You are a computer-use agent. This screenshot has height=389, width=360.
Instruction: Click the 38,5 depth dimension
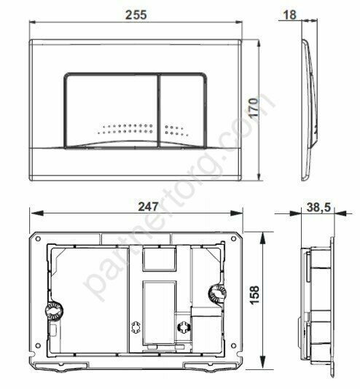(318, 208)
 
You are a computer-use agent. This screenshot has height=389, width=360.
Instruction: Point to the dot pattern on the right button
(179, 131)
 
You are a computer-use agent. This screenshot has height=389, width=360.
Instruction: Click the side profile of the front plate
(310, 102)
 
